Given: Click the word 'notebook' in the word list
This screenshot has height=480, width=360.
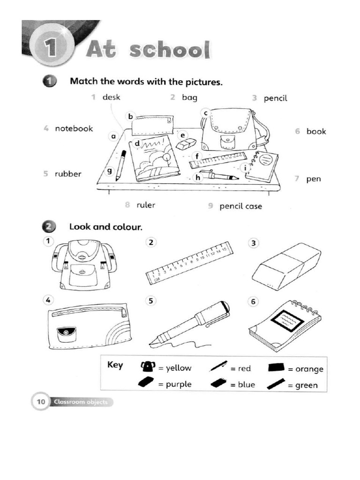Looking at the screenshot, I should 74,128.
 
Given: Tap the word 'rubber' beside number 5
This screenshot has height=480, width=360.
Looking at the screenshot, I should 68,174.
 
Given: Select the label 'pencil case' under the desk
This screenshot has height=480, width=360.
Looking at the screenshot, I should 241,206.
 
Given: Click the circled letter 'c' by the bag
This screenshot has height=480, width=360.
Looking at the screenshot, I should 205,113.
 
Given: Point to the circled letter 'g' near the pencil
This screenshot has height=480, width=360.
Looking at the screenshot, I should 109,172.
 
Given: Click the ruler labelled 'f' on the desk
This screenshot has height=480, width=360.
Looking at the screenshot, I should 217,160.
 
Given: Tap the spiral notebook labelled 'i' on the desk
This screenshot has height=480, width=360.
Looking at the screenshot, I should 262,167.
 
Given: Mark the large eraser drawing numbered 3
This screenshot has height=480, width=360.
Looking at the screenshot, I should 286,266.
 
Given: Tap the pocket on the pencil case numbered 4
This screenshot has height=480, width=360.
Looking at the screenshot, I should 67,334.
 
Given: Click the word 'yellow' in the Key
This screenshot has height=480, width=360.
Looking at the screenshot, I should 178,368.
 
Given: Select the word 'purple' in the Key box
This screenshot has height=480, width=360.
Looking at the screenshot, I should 178,384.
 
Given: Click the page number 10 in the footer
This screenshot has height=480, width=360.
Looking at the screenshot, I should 41,402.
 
